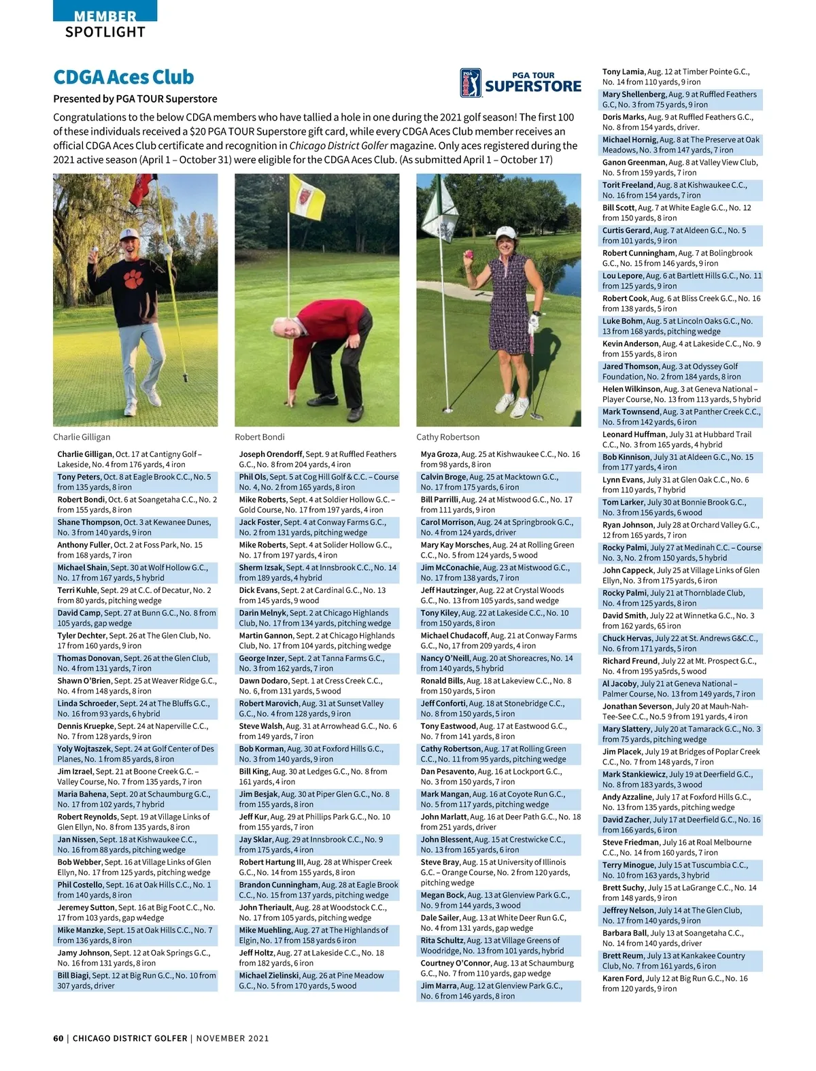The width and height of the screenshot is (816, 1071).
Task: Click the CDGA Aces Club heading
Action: (x=124, y=78)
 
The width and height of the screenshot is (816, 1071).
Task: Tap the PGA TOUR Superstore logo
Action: (x=520, y=83)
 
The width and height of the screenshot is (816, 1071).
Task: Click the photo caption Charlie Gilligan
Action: (x=82, y=437)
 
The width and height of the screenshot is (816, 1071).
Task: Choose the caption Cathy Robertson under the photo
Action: (x=447, y=437)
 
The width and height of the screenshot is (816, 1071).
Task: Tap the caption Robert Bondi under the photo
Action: (x=260, y=437)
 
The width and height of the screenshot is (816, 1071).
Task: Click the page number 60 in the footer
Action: (x=58, y=1038)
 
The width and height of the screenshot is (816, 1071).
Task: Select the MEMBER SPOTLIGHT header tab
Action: (x=105, y=24)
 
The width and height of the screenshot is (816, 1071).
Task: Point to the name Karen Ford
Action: (x=622, y=979)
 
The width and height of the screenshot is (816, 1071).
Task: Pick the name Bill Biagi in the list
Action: (x=73, y=976)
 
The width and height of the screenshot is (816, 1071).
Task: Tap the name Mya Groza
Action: (x=439, y=454)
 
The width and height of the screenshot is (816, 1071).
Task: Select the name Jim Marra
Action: (x=439, y=986)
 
